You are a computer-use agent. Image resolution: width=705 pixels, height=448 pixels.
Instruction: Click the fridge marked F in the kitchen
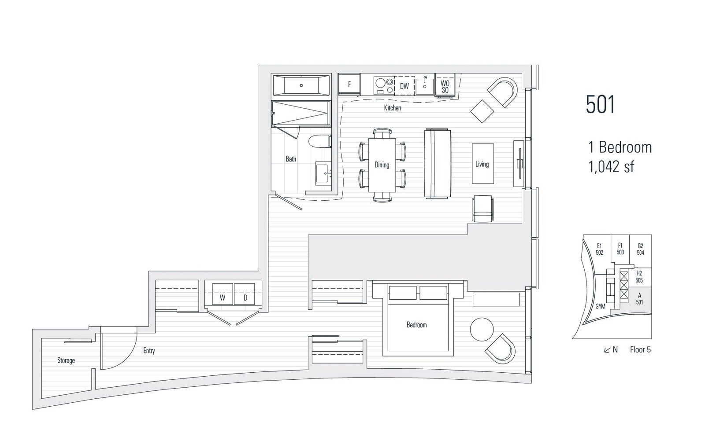pyautogui.click(x=349, y=84)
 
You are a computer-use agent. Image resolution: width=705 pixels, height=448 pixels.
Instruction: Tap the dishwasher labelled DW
pyautogui.click(x=404, y=85)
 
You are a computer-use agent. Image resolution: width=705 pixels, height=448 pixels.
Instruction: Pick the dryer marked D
pyautogui.click(x=245, y=294)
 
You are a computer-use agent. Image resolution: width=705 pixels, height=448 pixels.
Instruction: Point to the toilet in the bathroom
pyautogui.click(x=320, y=141)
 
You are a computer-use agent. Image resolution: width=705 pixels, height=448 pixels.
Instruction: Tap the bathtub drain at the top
pyautogui.click(x=301, y=85)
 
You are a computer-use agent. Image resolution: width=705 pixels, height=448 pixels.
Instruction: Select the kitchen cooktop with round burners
pyautogui.click(x=384, y=85)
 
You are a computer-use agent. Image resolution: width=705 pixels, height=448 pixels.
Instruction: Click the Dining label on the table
pyautogui.click(x=382, y=165)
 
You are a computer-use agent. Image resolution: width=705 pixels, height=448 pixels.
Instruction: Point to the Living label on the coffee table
pyautogui.click(x=482, y=164)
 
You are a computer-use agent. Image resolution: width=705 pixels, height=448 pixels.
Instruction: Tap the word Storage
pyautogui.click(x=66, y=360)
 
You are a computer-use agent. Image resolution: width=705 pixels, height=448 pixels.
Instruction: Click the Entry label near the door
pyautogui.click(x=149, y=351)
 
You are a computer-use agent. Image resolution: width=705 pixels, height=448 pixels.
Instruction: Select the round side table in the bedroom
pyautogui.click(x=482, y=329)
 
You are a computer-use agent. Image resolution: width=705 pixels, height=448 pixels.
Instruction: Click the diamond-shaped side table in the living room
pyautogui.click(x=482, y=111)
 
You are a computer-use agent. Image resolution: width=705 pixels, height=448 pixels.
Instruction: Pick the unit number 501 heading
pyautogui.click(x=600, y=104)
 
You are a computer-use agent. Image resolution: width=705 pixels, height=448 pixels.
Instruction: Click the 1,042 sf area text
pyautogui.click(x=611, y=167)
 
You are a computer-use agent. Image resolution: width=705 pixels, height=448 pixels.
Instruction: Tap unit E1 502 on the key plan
pyautogui.click(x=599, y=249)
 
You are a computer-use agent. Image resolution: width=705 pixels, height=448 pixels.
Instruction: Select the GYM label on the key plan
pyautogui.click(x=600, y=306)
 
